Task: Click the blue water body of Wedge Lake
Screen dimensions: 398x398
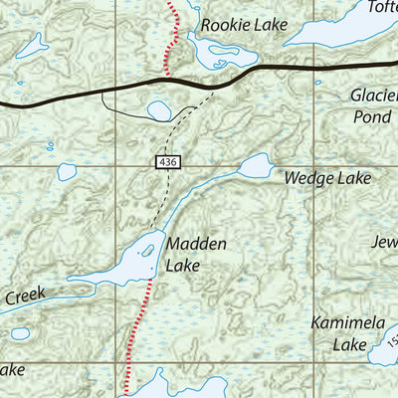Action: (255, 165)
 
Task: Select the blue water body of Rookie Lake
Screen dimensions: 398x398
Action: (211, 52)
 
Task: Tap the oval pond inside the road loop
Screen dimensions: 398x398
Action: (159, 110)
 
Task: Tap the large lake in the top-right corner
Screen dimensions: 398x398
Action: (338, 30)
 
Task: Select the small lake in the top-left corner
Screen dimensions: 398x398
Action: (33, 44)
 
